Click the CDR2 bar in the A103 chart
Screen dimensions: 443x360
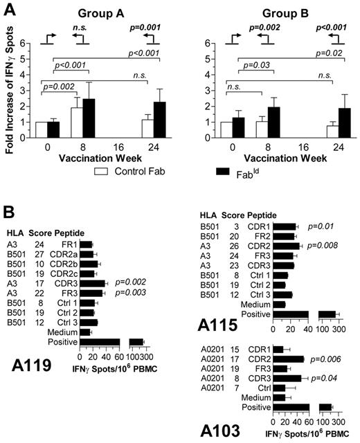pos(289,359)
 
